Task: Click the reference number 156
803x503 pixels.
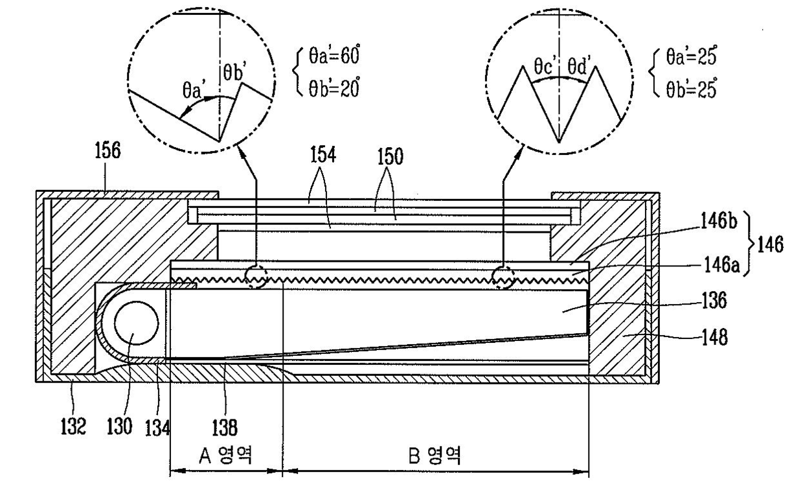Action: [x=107, y=150]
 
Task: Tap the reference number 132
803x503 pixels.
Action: [x=73, y=427]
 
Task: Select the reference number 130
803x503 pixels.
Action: [x=119, y=427]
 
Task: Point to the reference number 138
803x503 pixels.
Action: [x=225, y=428]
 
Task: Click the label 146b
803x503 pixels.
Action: [x=719, y=221]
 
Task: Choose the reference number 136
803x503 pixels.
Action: [x=714, y=300]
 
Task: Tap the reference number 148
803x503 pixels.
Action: [x=715, y=338]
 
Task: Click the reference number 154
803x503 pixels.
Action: [x=323, y=156]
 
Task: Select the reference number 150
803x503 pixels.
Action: [x=390, y=157]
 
